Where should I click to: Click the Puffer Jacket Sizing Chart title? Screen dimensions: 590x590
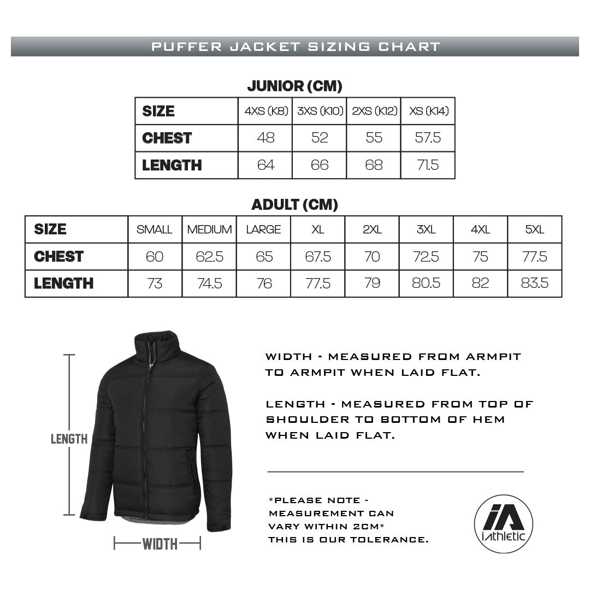coord(295,46)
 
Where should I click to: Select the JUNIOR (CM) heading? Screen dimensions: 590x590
coord(294,86)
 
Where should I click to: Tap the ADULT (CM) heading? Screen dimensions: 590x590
coord(294,205)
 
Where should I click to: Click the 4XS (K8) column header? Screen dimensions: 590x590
coord(265,111)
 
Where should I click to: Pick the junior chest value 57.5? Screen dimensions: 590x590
coord(428,138)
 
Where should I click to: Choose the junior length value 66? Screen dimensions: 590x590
coord(320,165)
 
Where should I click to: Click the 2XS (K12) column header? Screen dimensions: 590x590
coord(374,111)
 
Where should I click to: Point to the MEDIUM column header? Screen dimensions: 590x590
coord(209,229)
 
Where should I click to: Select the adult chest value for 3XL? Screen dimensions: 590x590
coord(426,256)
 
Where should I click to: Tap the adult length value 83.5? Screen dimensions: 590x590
coord(535,283)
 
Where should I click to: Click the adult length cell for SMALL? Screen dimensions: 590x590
coord(155,283)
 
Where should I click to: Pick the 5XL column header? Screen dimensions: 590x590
coord(535,229)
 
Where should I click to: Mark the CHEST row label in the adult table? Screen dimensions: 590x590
coord(58,256)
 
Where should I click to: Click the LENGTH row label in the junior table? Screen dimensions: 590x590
coord(172,165)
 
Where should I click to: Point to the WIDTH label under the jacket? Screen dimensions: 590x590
coord(160,544)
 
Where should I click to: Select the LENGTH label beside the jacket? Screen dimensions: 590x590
coord(69,439)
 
